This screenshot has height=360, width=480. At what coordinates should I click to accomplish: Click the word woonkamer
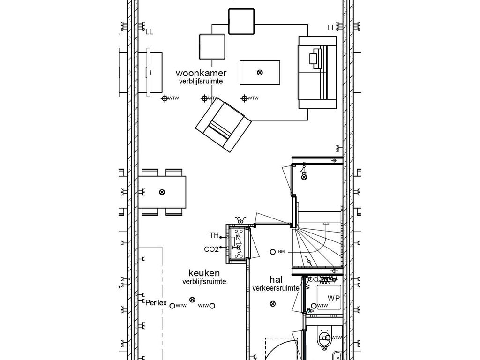pyautogui.click(x=201, y=73)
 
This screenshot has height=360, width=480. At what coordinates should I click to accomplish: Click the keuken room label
pyautogui.click(x=204, y=273)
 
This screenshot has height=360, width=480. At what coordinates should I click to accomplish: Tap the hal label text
pyautogui.click(x=276, y=279)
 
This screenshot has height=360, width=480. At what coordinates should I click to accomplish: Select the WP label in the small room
pyautogui.click(x=333, y=298)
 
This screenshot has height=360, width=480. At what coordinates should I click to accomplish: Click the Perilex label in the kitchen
pyautogui.click(x=156, y=303)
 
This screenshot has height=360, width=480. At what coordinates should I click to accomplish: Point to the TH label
pyautogui.click(x=214, y=235)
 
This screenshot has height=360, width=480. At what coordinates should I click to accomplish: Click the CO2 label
pyautogui.click(x=211, y=249)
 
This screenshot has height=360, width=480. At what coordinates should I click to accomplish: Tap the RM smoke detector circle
pyautogui.click(x=273, y=252)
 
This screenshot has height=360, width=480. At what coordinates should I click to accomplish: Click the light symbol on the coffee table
pyautogui.click(x=260, y=72)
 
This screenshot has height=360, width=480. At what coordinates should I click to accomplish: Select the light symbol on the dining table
pyautogui.click(x=162, y=192)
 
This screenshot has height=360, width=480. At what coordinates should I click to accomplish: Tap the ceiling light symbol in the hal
pyautogui.click(x=273, y=304)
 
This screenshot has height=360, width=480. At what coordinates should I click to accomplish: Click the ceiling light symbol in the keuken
pyautogui.click(x=191, y=300)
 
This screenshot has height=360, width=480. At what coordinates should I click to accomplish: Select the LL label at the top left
pyautogui.click(x=149, y=32)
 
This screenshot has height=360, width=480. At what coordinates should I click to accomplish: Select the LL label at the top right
pyautogui.click(x=331, y=28)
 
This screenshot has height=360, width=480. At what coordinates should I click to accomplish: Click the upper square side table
pyautogui.click(x=241, y=21)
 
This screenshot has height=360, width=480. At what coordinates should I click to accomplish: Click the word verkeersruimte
pyautogui.click(x=276, y=288)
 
